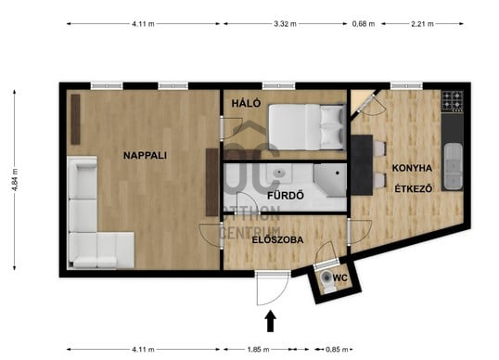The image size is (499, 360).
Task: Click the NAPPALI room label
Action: pos(145,155)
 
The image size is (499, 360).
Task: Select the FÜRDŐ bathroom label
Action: pos(286,195)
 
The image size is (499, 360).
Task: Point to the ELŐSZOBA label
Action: pos(277,239)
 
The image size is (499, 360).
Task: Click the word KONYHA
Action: pos(412,168)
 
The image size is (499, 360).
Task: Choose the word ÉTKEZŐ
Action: pos(414,188)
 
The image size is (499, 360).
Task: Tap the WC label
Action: pos(340,277)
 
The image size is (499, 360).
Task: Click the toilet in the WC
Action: pos(327,280)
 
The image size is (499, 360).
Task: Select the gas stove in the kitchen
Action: pos(453,100)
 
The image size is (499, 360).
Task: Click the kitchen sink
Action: pos(454,167)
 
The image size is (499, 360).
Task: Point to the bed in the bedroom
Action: pos(307,127)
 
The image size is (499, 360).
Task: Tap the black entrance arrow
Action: pos(270,321)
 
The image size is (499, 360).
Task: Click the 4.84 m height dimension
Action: pos(15,180)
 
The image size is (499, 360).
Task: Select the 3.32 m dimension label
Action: pos(285,24)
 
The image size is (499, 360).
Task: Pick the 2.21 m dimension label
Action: pos(422,24)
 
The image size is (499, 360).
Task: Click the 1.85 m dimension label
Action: pos(258,350)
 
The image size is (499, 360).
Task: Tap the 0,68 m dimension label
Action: pos(364,24)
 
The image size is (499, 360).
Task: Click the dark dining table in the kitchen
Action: pos(362,165)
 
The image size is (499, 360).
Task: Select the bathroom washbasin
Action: pos(280,174)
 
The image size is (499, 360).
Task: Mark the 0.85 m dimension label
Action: pos(337,350)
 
